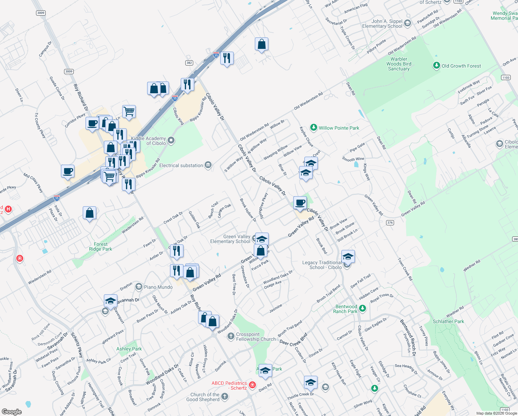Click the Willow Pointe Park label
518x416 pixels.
339,128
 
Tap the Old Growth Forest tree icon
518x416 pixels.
436,66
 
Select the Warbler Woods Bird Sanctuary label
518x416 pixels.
399,64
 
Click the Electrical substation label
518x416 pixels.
181,165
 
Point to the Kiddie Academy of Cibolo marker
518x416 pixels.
171,140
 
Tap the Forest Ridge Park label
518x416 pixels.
100,246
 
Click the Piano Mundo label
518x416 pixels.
158,287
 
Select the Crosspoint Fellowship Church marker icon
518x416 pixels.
231,336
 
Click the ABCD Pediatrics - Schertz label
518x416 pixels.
229,385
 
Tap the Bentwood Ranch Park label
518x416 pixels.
346,309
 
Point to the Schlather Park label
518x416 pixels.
448,321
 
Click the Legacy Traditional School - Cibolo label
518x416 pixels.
322,265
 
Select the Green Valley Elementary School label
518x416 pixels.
230,239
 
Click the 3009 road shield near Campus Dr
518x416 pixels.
41,13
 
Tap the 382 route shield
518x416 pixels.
189,63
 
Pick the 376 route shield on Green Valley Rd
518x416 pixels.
390,223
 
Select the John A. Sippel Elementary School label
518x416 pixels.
382,24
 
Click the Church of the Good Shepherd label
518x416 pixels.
205,397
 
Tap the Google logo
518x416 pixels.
11,411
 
